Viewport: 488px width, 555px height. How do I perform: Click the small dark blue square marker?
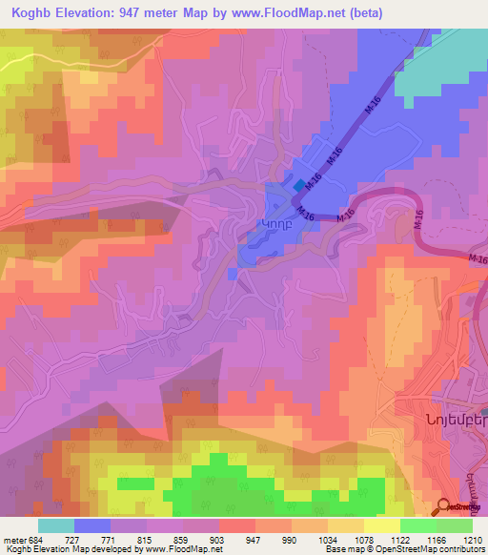301,186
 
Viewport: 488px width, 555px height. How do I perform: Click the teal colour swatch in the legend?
56,525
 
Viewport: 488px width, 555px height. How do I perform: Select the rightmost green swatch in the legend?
455,525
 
